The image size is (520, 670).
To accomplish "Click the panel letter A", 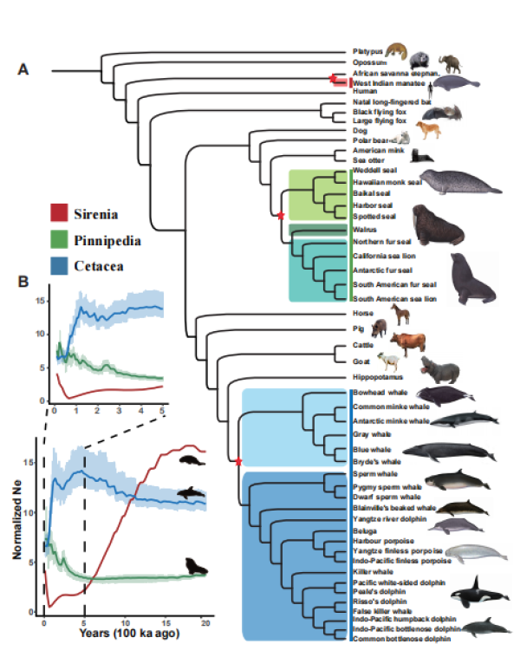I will pyautogui.click(x=24, y=71).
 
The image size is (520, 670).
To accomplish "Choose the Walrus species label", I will pyautogui.click(x=363, y=229).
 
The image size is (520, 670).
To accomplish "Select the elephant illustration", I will pyautogui.click(x=452, y=62).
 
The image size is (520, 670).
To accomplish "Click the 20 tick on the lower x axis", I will pyautogui.click(x=205, y=623).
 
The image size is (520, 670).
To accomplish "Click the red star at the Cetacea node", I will pyautogui.click(x=237, y=460).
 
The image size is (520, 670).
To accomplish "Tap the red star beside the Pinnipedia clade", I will pyautogui.click(x=281, y=214).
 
